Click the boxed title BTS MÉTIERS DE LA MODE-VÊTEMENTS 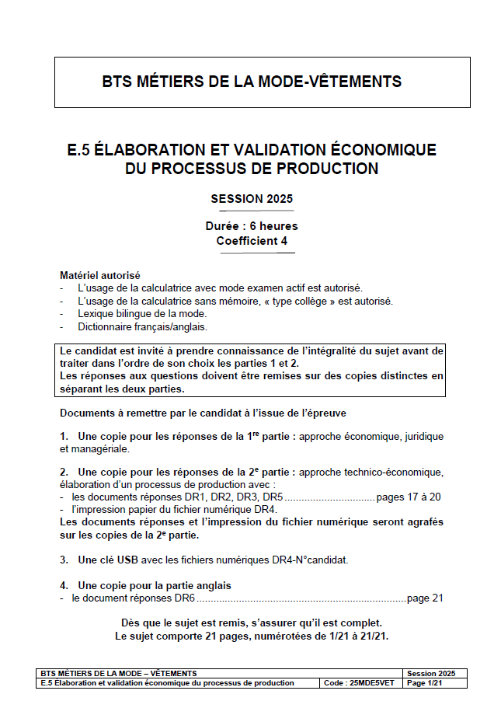pos(252,82)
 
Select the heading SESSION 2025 pos(252,199)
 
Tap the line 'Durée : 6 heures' pos(252,226)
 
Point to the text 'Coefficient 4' pos(252,241)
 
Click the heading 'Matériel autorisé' pos(100,275)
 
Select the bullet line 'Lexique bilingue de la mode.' pos(145,313)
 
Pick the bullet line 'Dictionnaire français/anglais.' pos(142,326)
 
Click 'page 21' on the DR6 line pos(424,598)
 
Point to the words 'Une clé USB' pos(108,559)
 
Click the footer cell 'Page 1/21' pos(424,683)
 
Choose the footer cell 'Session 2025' pos(431,673)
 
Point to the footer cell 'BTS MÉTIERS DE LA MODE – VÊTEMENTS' pos(118,673)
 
